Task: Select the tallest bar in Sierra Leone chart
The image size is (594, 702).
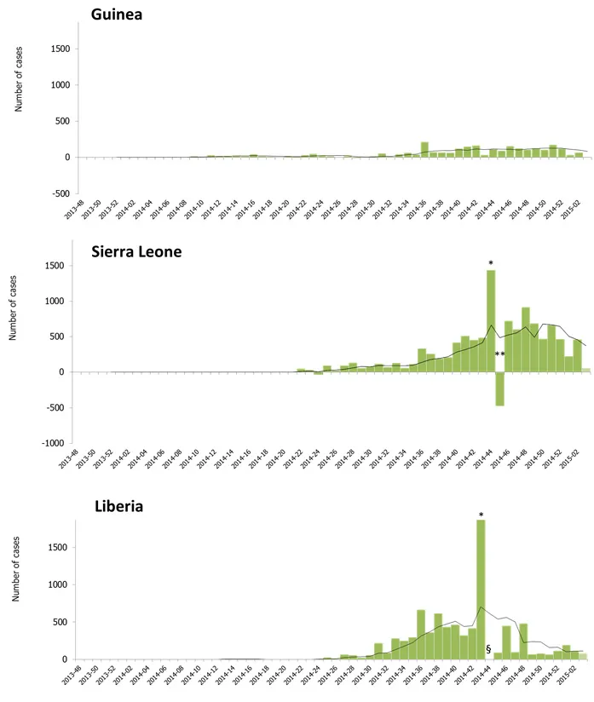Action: point(491,321)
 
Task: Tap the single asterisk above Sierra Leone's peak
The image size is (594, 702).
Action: point(491,263)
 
